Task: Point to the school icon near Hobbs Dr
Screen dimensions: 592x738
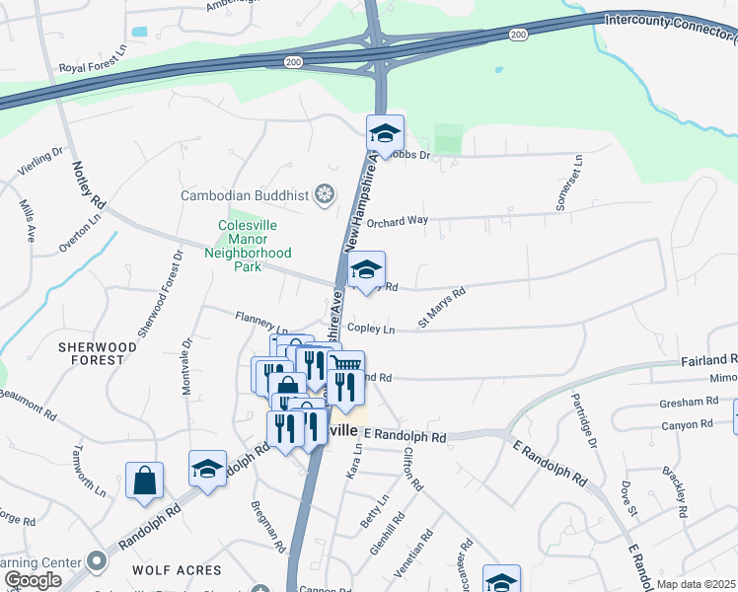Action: tap(386, 131)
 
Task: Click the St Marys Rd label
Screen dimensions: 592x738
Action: tap(441, 304)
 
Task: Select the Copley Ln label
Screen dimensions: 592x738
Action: tap(370, 328)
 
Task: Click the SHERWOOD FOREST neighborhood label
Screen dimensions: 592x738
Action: tap(92, 353)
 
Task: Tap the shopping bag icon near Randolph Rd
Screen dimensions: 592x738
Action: tap(144, 481)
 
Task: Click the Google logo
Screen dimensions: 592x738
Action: tap(32, 580)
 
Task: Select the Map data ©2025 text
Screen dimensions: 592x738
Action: tap(697, 584)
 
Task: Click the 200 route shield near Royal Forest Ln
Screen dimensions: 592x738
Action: tap(293, 61)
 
